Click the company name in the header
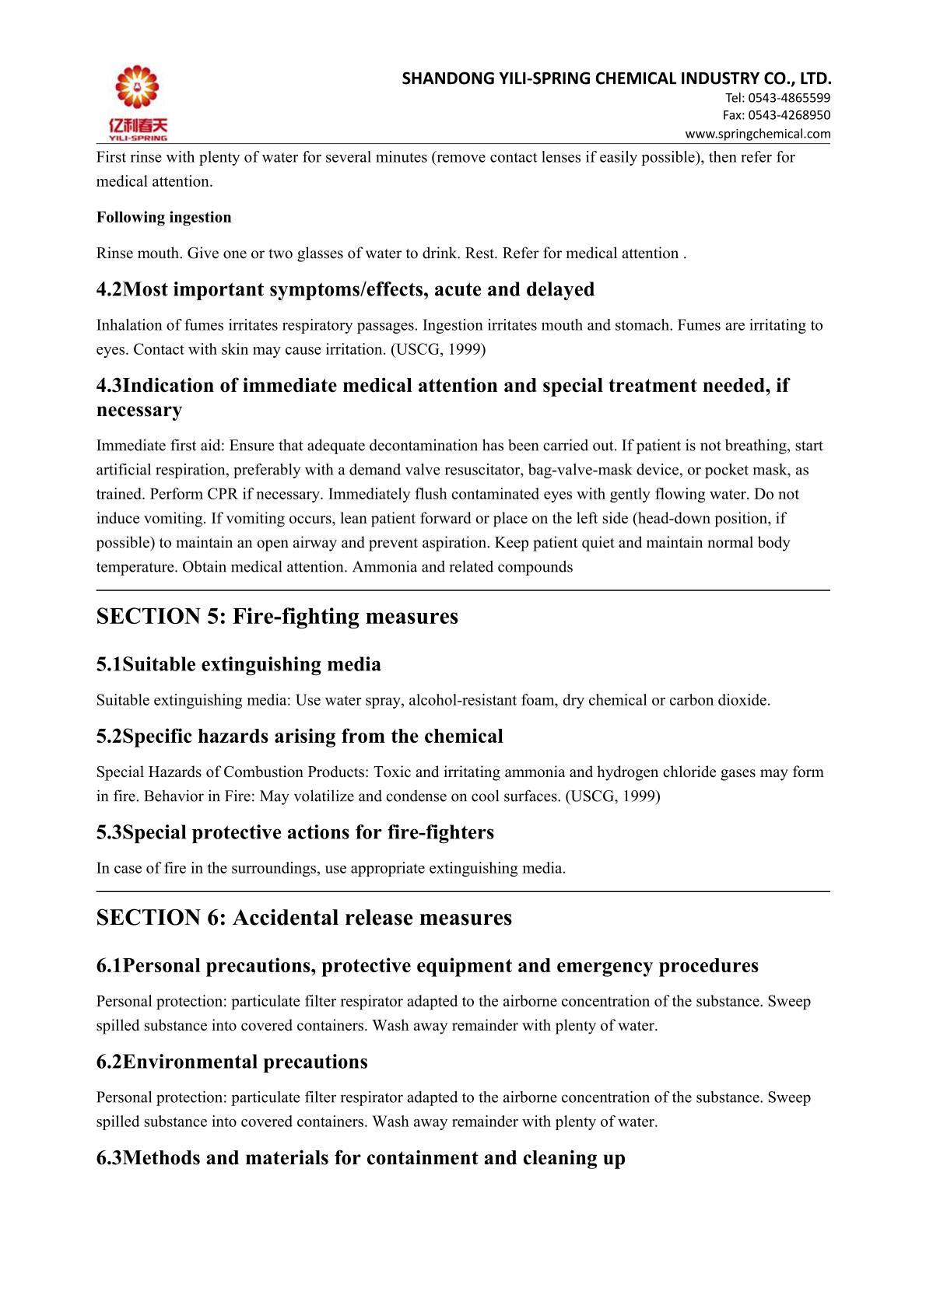point(617,78)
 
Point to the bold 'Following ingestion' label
point(163,218)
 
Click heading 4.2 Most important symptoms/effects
point(345,289)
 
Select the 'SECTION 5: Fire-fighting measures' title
point(277,616)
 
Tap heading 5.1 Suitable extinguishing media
point(238,664)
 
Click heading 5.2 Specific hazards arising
point(300,736)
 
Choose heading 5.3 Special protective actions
point(295,832)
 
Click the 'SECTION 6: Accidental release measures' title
point(303,917)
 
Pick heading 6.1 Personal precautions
point(427,966)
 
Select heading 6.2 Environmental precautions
point(232,1062)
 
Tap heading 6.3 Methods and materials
point(360,1158)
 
